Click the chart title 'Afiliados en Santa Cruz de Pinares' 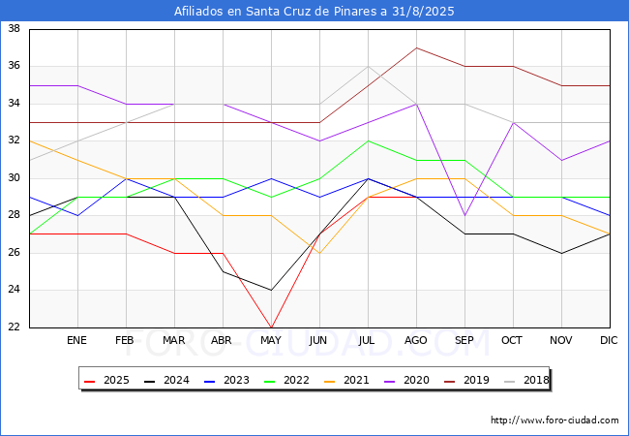(x=314, y=12)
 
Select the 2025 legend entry (x=107, y=380)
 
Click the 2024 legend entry (x=165, y=380)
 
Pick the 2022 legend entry (x=282, y=380)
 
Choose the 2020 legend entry (x=398, y=380)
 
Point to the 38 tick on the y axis (x=15, y=29)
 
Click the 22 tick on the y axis (x=15, y=327)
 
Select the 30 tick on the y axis (x=15, y=178)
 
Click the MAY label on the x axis (x=271, y=341)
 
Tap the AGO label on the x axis (x=416, y=341)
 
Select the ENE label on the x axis (x=77, y=341)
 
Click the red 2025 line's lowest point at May (x=271, y=327)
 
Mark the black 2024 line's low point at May (x=271, y=290)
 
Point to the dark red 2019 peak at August (x=416, y=47)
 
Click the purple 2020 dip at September (x=464, y=215)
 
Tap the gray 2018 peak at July (x=368, y=66)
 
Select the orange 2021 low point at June (x=319, y=253)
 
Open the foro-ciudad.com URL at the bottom (x=554, y=420)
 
